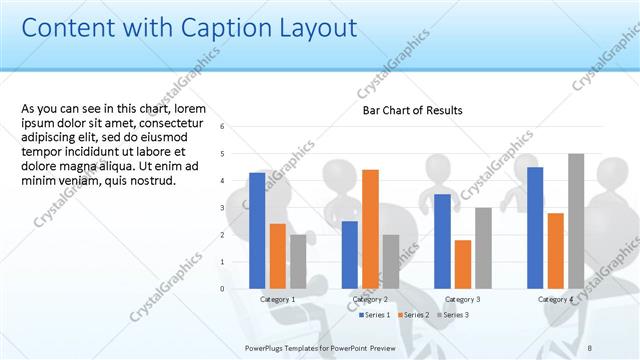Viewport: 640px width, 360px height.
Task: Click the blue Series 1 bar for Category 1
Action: [x=257, y=230]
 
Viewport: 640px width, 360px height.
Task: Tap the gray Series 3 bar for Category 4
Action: [x=576, y=221]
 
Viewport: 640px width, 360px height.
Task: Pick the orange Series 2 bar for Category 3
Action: [x=463, y=264]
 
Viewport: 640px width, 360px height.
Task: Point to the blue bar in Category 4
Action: [x=535, y=227]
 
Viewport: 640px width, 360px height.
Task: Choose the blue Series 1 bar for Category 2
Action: [x=349, y=254]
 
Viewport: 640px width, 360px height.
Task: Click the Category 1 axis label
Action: [x=277, y=299]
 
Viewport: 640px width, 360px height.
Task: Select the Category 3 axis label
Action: [x=463, y=299]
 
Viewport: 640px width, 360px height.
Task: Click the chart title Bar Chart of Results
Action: [x=412, y=110]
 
